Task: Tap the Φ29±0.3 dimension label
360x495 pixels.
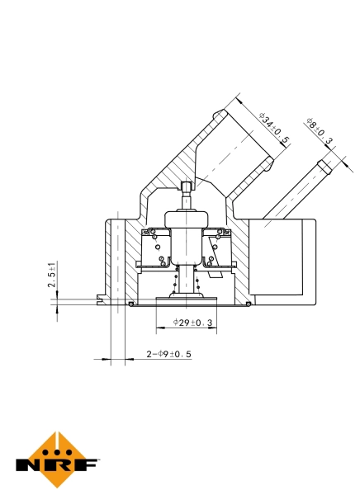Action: [x=193, y=323]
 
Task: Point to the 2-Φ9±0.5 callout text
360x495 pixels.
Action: [x=168, y=354]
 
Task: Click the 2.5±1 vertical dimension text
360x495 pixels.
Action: [x=52, y=275]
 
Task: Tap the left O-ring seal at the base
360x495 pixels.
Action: [x=132, y=304]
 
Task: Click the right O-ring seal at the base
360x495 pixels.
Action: [x=248, y=304]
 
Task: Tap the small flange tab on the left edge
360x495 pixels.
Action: [x=100, y=299]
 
